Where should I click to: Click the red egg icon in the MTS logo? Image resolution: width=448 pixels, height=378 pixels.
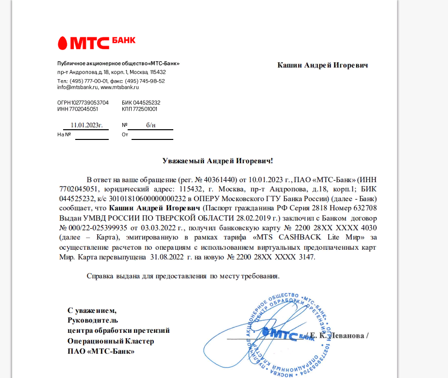pos(63,43)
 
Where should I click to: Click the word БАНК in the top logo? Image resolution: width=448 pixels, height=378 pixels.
pos(123,39)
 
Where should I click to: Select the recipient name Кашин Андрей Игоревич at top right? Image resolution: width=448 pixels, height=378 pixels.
pos(322,65)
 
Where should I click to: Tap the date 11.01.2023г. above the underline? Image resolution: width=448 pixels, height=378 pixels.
pos(86,125)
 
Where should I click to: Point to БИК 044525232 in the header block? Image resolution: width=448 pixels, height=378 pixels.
pos(141,103)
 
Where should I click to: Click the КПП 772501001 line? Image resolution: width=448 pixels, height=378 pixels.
pos(139,109)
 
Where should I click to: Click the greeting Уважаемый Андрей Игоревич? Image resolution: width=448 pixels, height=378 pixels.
pos(220,160)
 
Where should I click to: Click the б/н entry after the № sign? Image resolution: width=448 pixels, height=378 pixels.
pos(151,125)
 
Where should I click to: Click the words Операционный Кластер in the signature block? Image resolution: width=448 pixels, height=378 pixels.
pos(111,341)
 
